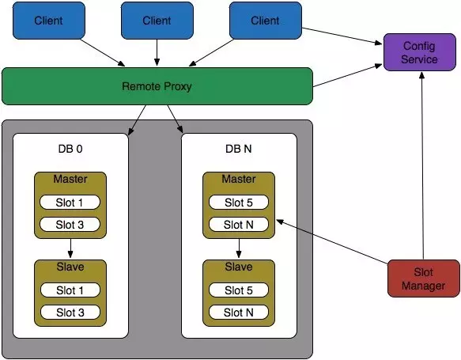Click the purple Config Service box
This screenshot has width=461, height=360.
pos(420,52)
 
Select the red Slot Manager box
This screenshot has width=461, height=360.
pos(423,279)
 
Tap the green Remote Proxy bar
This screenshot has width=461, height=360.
pos(157,86)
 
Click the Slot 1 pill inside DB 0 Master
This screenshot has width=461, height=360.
pos(70,203)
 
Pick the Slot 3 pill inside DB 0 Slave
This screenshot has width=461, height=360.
pos(70,312)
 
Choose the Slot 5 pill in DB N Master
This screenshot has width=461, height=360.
pos(239,203)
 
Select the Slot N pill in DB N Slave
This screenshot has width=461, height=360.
pos(239,312)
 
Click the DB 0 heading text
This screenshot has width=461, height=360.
pos(70,149)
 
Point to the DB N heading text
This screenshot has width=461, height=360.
pos(239,149)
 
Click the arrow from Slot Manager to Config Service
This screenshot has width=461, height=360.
pos(422,165)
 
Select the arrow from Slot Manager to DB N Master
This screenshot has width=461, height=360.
pos(332,241)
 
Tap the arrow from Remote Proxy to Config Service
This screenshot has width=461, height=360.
pos(347,76)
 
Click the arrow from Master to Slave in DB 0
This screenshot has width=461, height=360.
pos(70,248)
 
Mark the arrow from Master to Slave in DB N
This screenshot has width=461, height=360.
pos(239,248)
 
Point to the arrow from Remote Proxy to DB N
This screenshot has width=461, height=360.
pos(176,119)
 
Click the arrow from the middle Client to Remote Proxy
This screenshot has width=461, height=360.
pos(157,52)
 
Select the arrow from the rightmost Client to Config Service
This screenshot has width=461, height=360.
pos(342,36)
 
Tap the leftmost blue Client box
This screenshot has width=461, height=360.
pos(49,21)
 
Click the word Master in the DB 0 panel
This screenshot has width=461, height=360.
pos(70,179)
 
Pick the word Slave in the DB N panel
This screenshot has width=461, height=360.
pos(239,267)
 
